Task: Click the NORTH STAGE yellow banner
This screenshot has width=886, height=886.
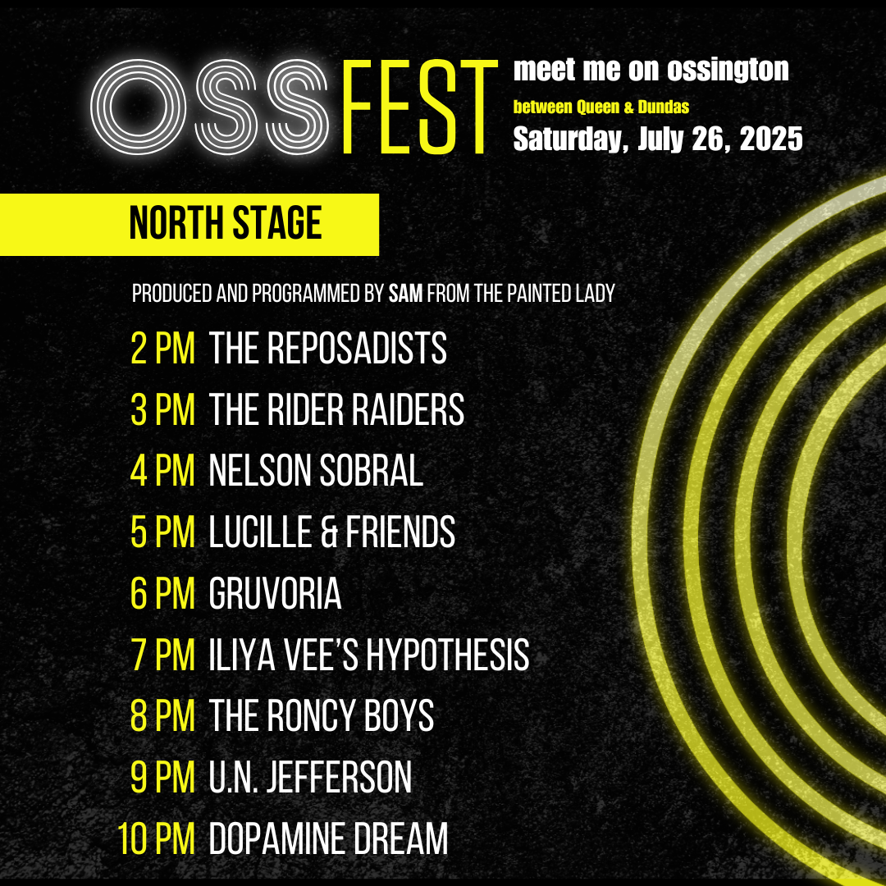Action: (225, 224)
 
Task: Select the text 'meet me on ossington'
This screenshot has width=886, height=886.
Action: (651, 71)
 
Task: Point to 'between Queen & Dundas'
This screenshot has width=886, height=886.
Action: (601, 107)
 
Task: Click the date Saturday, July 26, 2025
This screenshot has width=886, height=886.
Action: (657, 139)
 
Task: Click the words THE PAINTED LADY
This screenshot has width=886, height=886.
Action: (545, 294)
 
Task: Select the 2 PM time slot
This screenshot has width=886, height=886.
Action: (162, 349)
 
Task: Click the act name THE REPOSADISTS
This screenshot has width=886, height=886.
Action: (327, 349)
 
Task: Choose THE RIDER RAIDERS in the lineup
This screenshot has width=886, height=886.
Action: (336, 410)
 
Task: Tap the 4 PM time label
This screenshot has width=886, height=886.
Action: (162, 472)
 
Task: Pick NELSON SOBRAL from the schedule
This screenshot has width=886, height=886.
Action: (316, 472)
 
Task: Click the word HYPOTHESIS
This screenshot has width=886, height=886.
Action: (447, 656)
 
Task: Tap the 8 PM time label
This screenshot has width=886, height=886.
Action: (162, 717)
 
